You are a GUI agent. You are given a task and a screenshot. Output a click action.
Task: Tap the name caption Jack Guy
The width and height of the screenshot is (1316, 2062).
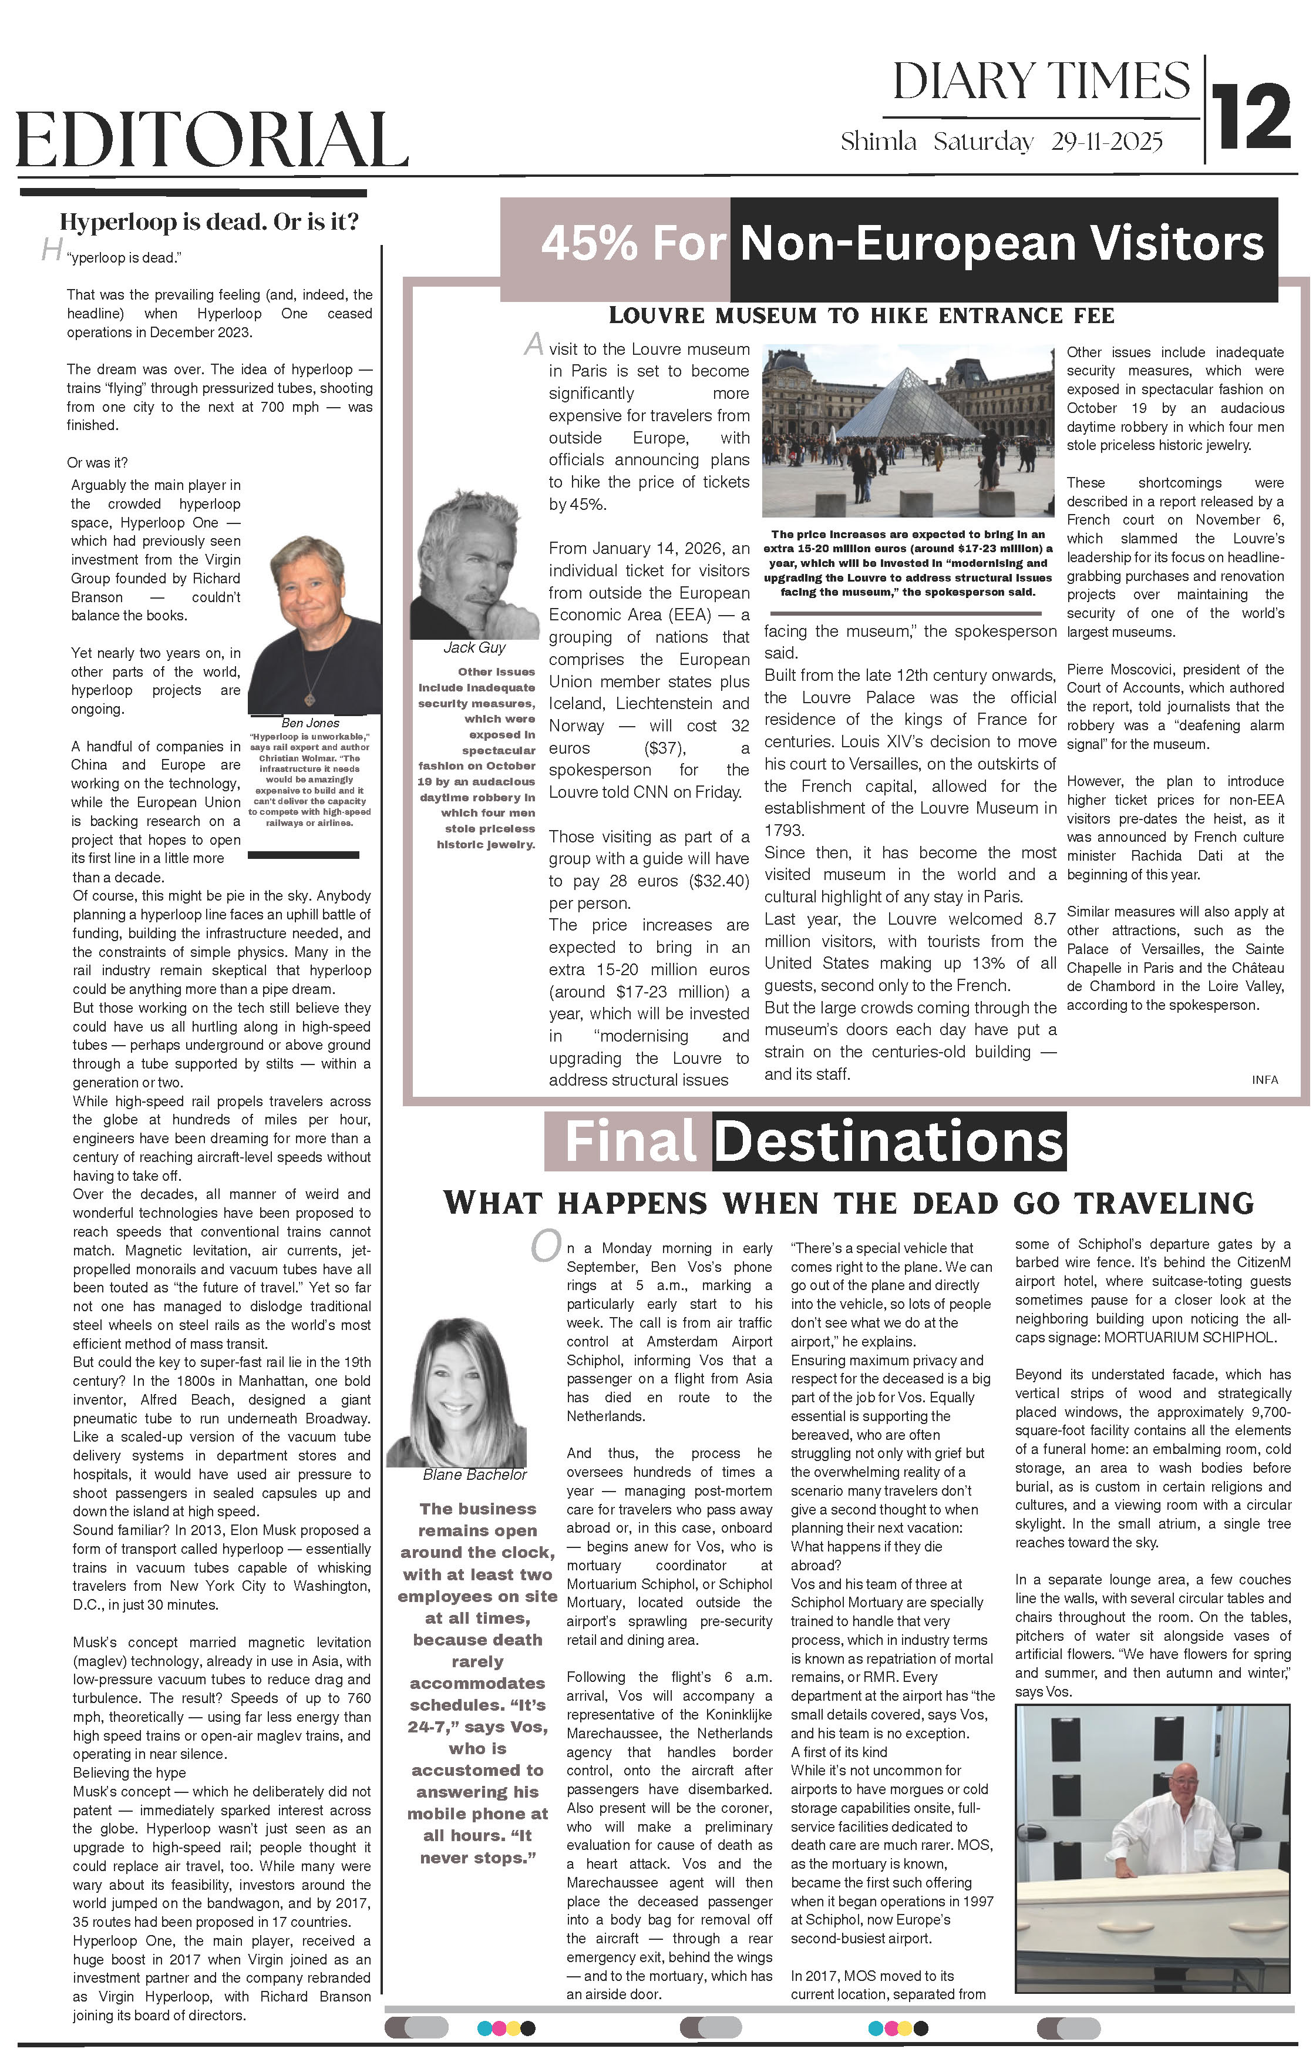point(474,647)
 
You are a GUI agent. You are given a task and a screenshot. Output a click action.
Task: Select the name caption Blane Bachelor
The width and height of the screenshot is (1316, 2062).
point(474,1475)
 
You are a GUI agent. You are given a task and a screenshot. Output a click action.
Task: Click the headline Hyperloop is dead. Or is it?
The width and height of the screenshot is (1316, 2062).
point(209,223)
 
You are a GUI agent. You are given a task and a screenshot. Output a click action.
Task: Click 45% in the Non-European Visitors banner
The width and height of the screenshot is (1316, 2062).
point(589,243)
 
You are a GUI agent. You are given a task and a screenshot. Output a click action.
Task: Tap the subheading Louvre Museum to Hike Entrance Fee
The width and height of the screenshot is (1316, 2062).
point(861,316)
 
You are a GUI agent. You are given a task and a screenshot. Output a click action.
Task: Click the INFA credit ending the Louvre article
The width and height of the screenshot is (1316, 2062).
point(1265,1080)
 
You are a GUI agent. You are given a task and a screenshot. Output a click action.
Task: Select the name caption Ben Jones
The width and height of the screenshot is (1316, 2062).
point(310,723)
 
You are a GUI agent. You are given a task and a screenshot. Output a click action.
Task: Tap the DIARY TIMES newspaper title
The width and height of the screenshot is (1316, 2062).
point(1041,83)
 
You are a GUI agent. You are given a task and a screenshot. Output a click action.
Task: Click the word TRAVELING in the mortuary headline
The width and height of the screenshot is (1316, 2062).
point(1164,1203)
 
